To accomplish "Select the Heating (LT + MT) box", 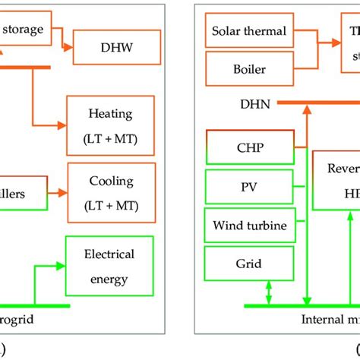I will click(111, 124).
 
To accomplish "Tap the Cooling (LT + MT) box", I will click(111, 191).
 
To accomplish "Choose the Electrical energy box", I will click(111, 264).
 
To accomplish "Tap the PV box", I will click(249, 187).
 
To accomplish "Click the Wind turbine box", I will click(249, 225).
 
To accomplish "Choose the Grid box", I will click(249, 264).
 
